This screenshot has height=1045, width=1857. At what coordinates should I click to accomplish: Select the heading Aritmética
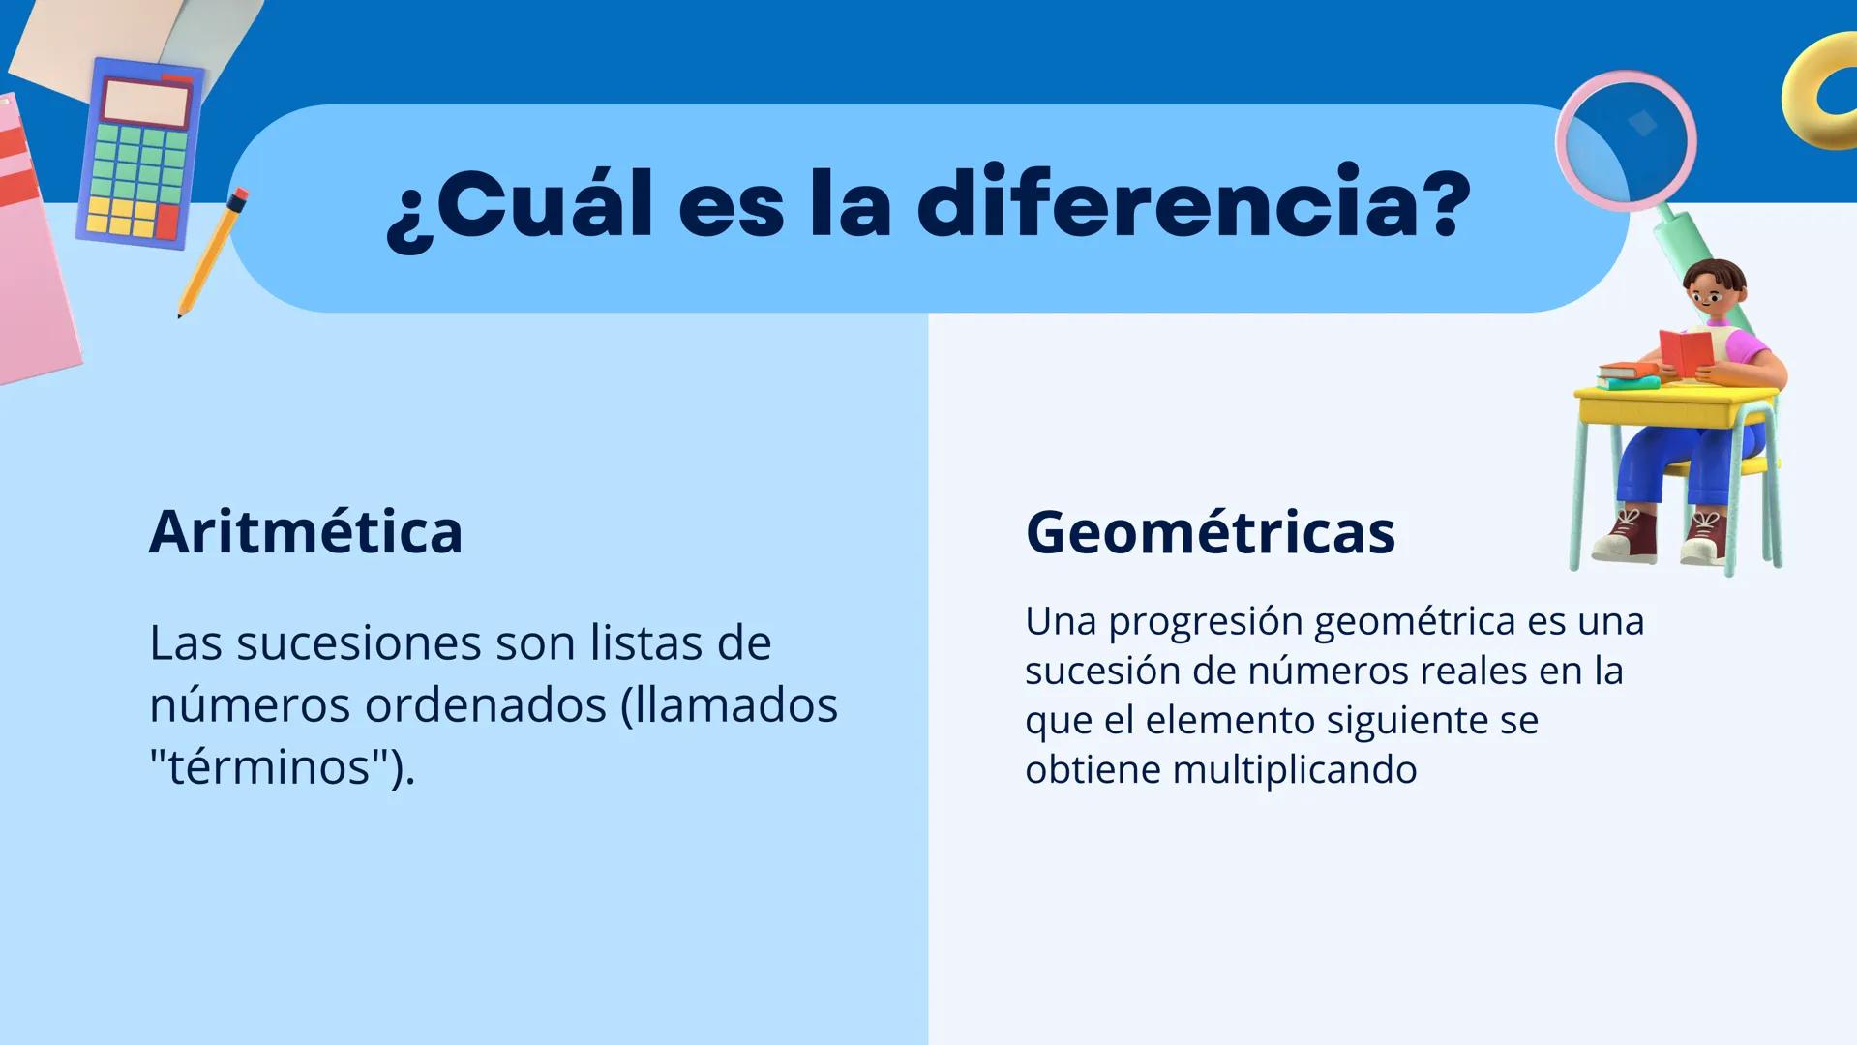tap(306, 531)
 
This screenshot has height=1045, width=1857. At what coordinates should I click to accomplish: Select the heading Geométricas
tap(1210, 531)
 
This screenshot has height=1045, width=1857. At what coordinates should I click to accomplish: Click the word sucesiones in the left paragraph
tap(359, 642)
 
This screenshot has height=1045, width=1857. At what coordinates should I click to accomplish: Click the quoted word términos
tap(269, 766)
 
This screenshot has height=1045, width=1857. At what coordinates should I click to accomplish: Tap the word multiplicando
tap(1294, 769)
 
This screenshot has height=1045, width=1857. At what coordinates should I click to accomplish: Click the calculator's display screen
tap(146, 104)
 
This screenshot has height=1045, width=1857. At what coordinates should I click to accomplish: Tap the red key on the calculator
tap(166, 222)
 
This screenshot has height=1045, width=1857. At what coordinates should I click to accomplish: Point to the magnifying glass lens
tap(1626, 140)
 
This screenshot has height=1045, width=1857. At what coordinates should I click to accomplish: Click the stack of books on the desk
tap(1628, 375)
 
